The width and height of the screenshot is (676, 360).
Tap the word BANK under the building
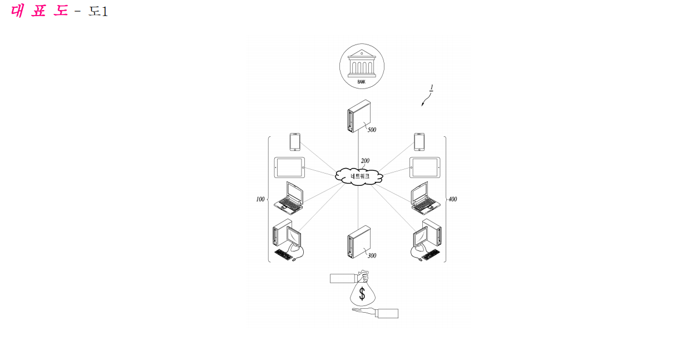click(x=362, y=82)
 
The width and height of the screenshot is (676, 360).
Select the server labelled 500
click(x=359, y=116)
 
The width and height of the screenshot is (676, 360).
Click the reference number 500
click(x=372, y=130)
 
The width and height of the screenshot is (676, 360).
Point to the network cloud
click(x=359, y=176)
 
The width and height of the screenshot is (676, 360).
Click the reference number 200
click(x=365, y=161)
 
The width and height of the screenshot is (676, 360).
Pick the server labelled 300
click(x=359, y=241)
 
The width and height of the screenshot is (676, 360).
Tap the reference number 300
click(x=372, y=255)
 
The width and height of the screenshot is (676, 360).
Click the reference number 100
click(x=260, y=199)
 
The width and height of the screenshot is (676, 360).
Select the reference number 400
click(x=453, y=199)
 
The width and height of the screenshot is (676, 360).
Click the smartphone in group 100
click(x=295, y=142)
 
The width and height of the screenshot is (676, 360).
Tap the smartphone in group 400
click(x=419, y=142)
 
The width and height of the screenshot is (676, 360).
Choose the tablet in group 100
click(x=289, y=167)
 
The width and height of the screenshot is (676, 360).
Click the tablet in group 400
click(x=425, y=167)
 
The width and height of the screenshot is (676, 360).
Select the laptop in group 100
click(x=289, y=198)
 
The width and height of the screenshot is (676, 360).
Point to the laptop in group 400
click(x=426, y=198)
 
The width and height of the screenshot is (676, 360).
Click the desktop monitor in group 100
click(x=294, y=237)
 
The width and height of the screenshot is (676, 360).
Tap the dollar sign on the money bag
click(x=362, y=293)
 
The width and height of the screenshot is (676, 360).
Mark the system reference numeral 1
click(x=432, y=87)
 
